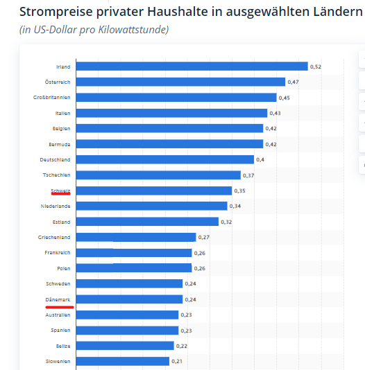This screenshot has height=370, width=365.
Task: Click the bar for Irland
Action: click(192, 67)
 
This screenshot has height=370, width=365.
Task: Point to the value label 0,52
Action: click(315, 67)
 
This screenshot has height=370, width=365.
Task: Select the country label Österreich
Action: click(58, 82)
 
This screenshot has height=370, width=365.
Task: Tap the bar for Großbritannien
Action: click(176, 98)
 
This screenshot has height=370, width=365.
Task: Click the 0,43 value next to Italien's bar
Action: click(275, 113)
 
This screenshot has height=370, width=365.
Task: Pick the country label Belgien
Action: click(62, 128)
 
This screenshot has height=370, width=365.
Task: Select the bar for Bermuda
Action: click(169, 144)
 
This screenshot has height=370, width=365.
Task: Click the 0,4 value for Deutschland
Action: click(260, 159)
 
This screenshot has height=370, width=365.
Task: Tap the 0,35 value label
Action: click(240, 191)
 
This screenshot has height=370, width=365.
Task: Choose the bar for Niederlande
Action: click(151, 206)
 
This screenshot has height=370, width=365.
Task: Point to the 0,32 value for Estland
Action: click(226, 222)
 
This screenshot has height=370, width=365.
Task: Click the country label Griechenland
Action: click(54, 237)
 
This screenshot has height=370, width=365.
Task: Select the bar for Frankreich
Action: click(135, 252)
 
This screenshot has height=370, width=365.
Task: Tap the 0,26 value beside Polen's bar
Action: click(200, 268)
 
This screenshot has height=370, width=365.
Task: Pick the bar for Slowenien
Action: click(123, 361)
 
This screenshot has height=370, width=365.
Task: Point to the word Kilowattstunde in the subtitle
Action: click(133, 30)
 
